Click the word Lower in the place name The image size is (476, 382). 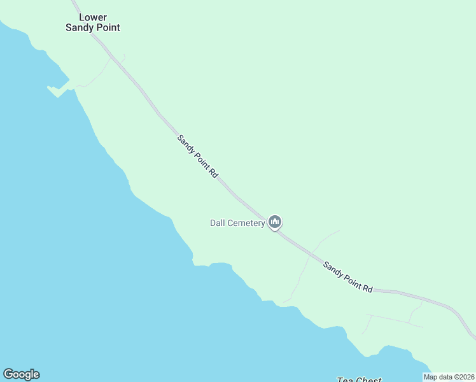(x=93, y=17)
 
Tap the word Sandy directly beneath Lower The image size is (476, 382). (x=80, y=27)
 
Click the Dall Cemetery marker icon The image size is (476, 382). (x=275, y=222)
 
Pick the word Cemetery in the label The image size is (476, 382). (x=247, y=223)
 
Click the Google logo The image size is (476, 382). (x=21, y=374)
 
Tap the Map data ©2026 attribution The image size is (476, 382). (x=449, y=377)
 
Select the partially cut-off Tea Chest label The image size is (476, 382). (x=359, y=380)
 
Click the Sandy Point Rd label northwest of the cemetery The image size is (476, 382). (x=198, y=156)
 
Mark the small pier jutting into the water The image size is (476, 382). (x=57, y=90)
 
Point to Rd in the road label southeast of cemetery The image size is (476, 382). (x=367, y=288)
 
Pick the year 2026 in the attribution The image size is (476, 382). (x=466, y=377)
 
